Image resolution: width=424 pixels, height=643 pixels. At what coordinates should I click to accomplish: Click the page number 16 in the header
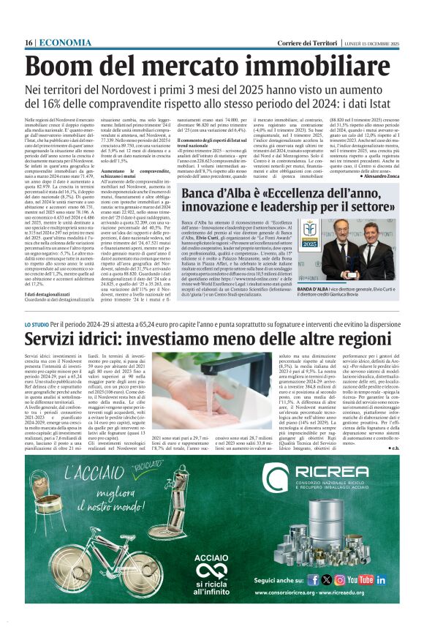[29, 43]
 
